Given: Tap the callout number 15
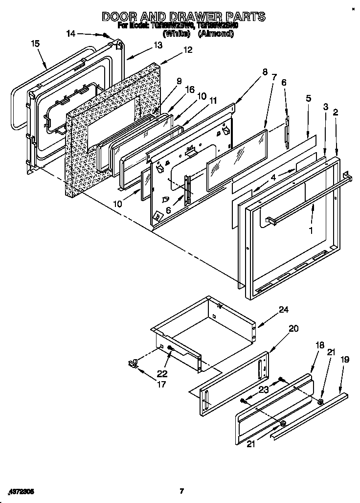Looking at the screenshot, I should pyautogui.click(x=35, y=44).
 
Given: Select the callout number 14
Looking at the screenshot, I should pyautogui.click(x=71, y=34).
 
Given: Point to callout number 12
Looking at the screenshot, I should pyautogui.click(x=188, y=49).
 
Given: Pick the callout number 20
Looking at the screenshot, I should pyautogui.click(x=293, y=329).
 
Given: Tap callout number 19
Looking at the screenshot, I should pyautogui.click(x=345, y=360).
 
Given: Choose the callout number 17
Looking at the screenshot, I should pyautogui.click(x=161, y=384).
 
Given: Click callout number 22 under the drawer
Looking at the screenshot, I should pyautogui.click(x=162, y=373).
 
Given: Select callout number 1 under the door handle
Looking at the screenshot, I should pyautogui.click(x=310, y=228).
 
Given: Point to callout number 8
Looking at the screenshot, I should pyautogui.click(x=265, y=71).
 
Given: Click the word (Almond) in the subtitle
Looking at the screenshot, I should pyautogui.click(x=215, y=34).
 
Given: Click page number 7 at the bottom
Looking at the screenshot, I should pyautogui.click(x=181, y=491).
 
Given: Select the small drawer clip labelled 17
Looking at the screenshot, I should pyautogui.click(x=132, y=363).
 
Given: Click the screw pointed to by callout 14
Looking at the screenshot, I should pyautogui.click(x=105, y=35).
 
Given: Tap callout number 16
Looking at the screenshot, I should pyautogui.click(x=190, y=90).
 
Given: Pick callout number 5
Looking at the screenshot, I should pyautogui.click(x=308, y=98).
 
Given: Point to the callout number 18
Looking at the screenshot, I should pyautogui.click(x=319, y=345).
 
